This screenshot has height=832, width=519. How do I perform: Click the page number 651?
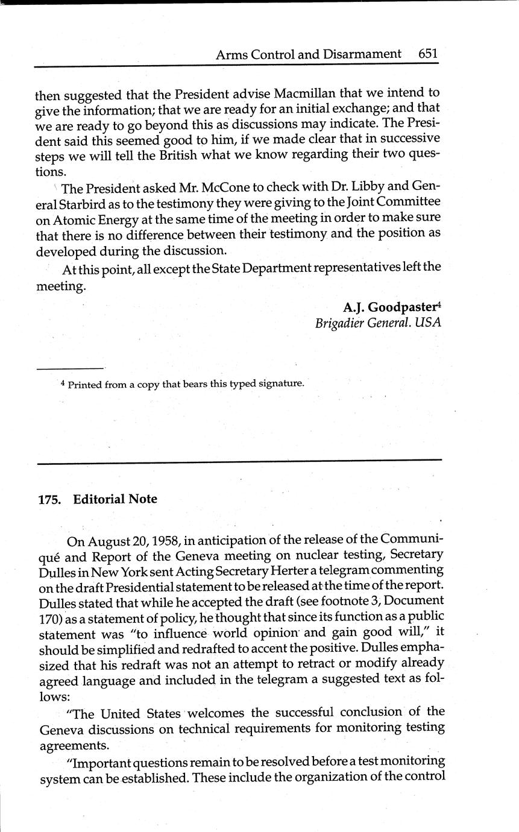click(x=428, y=54)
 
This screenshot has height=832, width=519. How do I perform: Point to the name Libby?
click(x=366, y=188)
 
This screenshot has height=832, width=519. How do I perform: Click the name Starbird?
click(x=79, y=203)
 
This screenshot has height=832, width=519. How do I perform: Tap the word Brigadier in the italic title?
click(x=339, y=323)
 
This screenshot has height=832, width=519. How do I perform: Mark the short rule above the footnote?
click(x=70, y=368)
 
